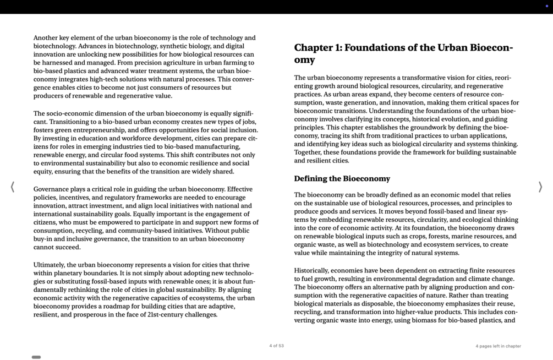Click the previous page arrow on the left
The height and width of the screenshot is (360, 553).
(12, 187)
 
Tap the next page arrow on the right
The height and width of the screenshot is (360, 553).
(540, 187)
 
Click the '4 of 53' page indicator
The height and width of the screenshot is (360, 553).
(276, 346)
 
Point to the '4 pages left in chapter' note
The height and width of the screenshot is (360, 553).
(498, 346)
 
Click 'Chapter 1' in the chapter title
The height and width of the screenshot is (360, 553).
(317, 48)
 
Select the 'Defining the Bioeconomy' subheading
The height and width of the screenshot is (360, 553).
(342, 179)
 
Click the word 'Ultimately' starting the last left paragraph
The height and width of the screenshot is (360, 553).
(48, 265)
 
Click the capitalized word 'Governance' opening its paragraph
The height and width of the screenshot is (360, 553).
(51, 189)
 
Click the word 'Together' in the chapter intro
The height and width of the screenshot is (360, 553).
(309, 152)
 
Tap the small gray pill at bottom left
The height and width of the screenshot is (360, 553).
(36, 357)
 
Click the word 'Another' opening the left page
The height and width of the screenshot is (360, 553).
(46, 38)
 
